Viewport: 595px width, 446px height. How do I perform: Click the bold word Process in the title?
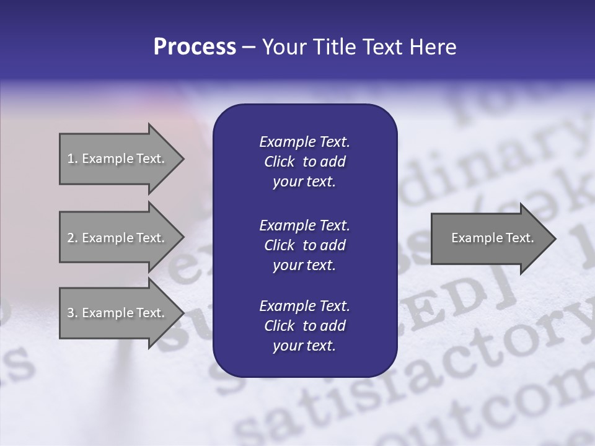195,47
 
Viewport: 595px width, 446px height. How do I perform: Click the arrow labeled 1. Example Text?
118,159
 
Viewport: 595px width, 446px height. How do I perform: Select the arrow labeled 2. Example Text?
118,238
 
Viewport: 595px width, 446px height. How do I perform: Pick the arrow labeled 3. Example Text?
118,313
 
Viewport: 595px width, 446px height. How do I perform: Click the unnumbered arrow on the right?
490,238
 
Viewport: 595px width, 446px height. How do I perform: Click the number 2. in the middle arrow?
73,238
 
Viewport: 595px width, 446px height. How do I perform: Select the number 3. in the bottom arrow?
73,313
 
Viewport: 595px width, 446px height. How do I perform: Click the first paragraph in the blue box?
304,162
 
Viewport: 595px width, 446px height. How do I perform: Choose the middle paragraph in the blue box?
304,245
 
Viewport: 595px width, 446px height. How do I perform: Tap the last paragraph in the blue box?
304,326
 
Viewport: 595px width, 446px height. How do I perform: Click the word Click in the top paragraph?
279,162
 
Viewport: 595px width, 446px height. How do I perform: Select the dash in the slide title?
249,48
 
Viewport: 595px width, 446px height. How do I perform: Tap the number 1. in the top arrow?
73,159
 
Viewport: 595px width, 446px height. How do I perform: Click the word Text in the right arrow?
519,238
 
